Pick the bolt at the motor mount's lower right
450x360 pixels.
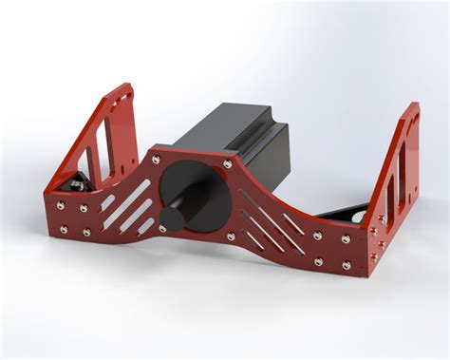[230, 237]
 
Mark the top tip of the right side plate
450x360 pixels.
[415, 105]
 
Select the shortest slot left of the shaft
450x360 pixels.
[148, 226]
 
